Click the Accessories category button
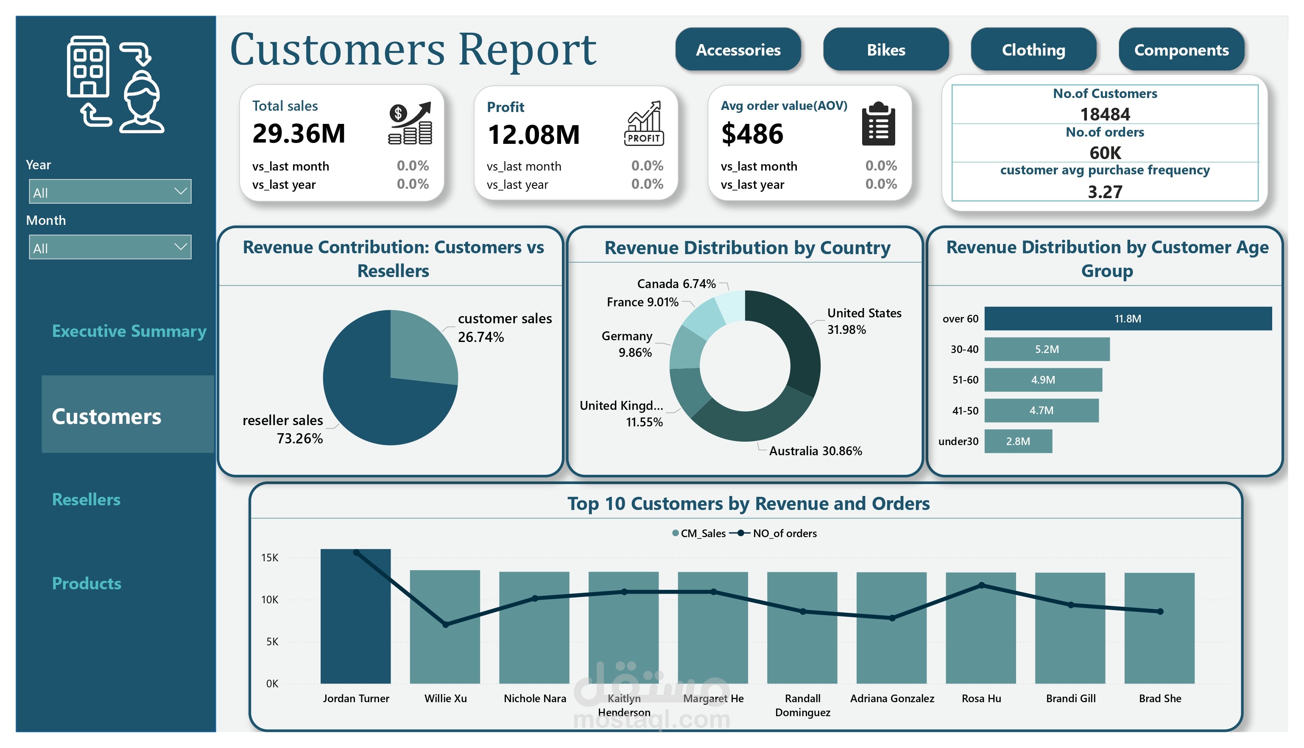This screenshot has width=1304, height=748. (738, 49)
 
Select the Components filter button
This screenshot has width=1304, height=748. (1181, 49)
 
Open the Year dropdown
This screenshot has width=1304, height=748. (110, 192)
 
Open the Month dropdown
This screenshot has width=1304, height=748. (110, 247)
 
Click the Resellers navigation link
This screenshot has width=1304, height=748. (86, 499)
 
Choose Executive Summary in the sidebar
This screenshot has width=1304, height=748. (129, 331)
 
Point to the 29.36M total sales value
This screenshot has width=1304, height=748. (299, 134)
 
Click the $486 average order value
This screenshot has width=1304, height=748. (752, 134)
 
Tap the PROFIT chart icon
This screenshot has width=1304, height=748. (644, 123)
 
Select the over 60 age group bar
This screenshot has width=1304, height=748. (1128, 319)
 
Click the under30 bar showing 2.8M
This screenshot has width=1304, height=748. (1018, 441)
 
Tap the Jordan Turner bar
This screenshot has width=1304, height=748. (356, 616)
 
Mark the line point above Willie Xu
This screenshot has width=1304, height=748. (446, 624)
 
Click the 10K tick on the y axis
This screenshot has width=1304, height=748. (270, 600)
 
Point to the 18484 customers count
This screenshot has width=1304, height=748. (1105, 114)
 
